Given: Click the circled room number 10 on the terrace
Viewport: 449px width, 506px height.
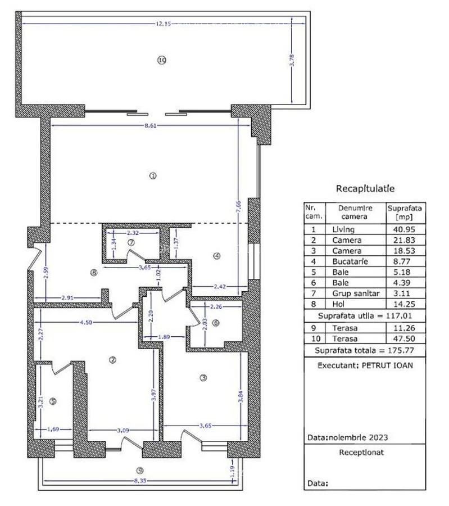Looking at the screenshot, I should [162, 60].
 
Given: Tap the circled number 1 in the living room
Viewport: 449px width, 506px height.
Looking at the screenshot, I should [152, 175].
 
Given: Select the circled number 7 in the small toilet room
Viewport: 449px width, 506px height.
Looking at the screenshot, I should [131, 242].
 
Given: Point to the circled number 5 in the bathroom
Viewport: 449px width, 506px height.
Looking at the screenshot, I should [53, 401].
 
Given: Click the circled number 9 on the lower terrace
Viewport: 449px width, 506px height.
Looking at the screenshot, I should [140, 471].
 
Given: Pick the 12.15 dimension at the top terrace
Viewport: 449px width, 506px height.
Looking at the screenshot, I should [163, 23].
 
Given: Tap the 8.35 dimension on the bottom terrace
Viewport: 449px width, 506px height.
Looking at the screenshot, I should [140, 481].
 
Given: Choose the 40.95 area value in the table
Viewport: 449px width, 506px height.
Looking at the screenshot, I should [405, 229].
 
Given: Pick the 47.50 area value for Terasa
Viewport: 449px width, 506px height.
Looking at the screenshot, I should [405, 339].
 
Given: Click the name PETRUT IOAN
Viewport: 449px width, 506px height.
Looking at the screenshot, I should [388, 364].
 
